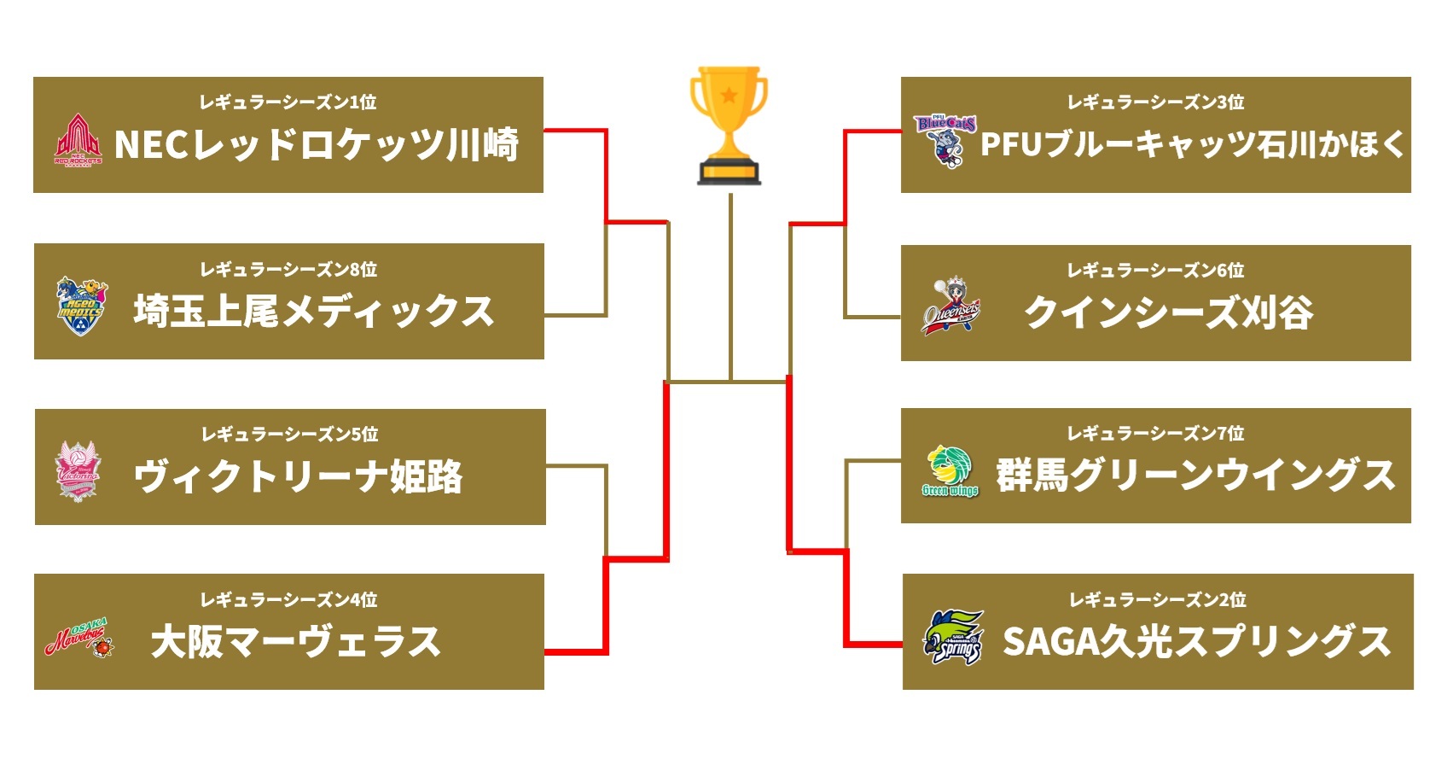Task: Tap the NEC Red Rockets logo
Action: point(78,141)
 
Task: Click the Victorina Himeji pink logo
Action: point(78,471)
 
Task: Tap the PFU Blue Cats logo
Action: point(945,141)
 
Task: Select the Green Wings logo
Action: point(950,471)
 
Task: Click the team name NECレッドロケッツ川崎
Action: point(317,144)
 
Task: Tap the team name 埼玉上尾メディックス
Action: point(314,311)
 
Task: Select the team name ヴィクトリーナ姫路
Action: point(299,476)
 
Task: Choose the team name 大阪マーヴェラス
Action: point(295,642)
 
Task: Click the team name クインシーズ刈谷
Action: point(1168,312)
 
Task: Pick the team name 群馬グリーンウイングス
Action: point(1195,476)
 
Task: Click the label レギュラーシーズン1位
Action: point(288,102)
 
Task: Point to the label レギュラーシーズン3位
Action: point(1156,102)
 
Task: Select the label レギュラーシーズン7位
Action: point(1156,434)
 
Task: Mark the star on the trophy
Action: point(729,94)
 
